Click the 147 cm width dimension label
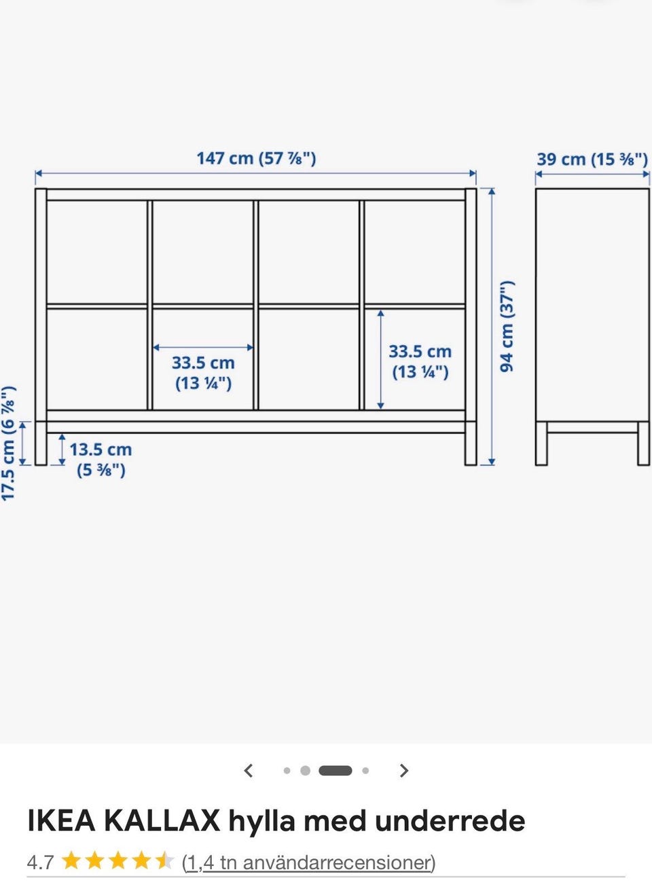coord(256,158)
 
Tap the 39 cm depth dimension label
coord(592,160)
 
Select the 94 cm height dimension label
coord(507,327)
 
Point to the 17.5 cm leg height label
coord(8,443)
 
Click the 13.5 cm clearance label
coord(101,460)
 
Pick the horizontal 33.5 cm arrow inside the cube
coord(203,347)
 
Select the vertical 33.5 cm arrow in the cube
coord(381,359)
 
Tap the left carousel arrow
coord(249,771)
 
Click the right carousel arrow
coord(404,771)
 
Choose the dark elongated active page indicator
coord(336,771)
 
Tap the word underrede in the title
coord(450,820)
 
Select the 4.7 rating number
coord(40,862)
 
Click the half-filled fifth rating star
coord(165,862)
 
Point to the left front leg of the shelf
coord(41,443)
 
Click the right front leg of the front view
coord(471,443)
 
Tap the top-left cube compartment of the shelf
coord(97,253)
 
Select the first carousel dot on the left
coord(287,771)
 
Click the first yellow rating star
coord(71,862)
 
